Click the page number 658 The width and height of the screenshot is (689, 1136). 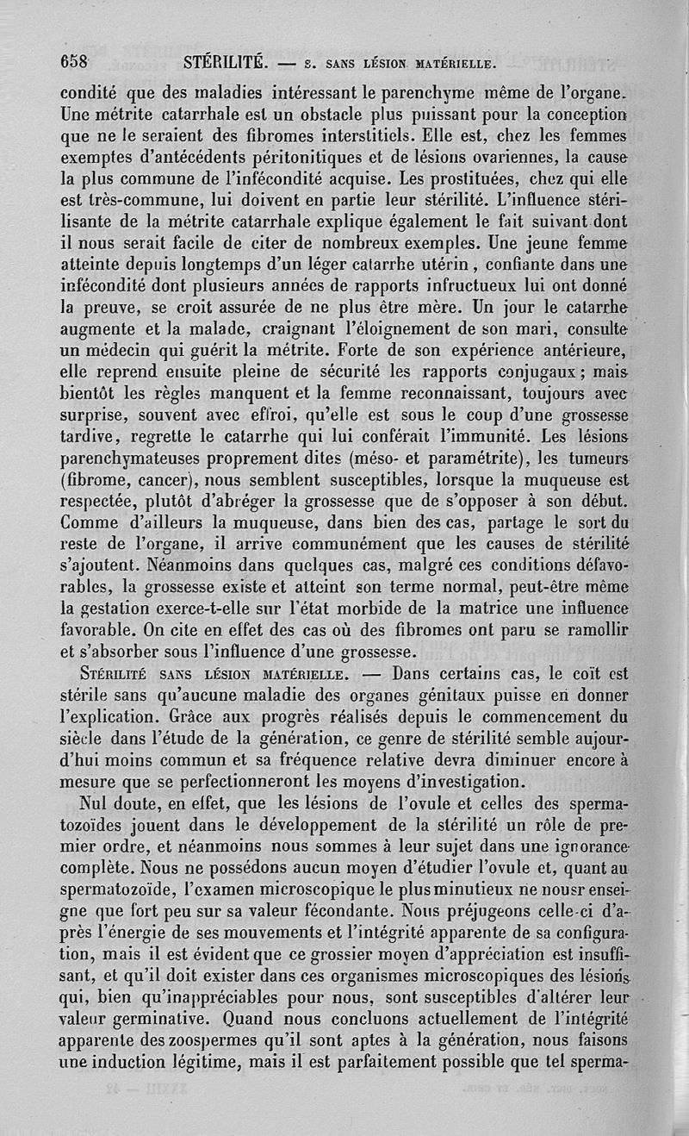75,61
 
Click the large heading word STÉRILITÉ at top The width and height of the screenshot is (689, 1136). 228,61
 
